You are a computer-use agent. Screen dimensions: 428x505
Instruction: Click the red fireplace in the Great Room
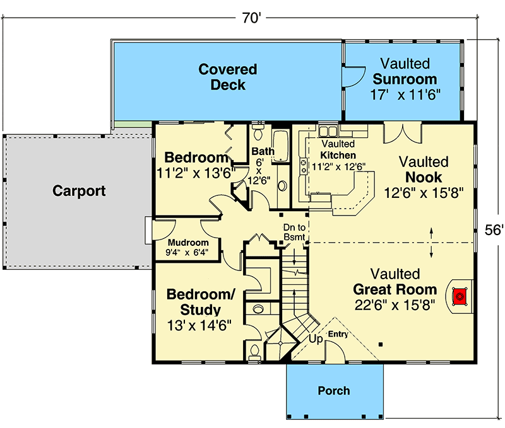(460, 295)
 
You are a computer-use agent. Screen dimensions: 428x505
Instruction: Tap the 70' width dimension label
(251, 18)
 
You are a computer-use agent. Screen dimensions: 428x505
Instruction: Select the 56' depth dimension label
(494, 231)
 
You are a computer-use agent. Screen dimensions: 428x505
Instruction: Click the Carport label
(79, 190)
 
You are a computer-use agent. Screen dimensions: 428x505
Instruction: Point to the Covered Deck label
(228, 76)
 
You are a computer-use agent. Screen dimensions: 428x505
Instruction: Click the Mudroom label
(188, 243)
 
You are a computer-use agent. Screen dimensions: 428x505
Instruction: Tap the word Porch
(334, 391)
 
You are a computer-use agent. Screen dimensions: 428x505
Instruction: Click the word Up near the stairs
(316, 339)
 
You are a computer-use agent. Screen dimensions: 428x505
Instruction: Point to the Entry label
(338, 334)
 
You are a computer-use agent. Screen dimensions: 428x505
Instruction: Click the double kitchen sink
(328, 131)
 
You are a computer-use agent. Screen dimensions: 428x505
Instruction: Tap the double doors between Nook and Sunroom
(403, 131)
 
